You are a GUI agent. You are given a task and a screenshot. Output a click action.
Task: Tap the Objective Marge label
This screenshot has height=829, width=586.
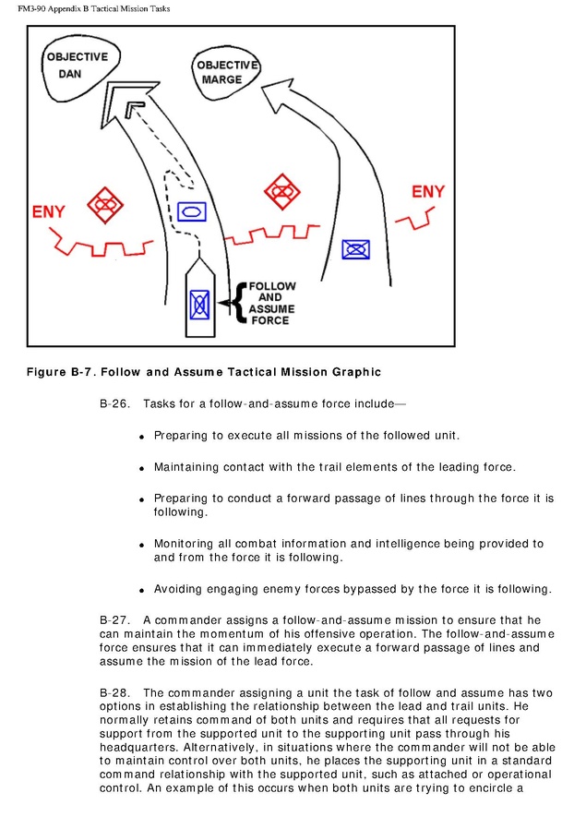tap(225, 72)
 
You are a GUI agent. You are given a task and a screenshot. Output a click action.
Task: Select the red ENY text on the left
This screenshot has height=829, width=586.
tap(49, 211)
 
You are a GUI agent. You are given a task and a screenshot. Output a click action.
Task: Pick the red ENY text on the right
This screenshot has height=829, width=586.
tap(428, 192)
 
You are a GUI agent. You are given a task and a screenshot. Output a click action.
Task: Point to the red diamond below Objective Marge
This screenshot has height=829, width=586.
tap(281, 191)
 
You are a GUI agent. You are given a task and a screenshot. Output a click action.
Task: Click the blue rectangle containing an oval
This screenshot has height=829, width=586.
tap(191, 211)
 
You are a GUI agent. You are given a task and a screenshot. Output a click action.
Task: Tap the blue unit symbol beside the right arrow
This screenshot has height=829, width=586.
tap(355, 248)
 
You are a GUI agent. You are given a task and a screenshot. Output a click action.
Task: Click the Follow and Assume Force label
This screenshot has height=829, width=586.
tap(270, 304)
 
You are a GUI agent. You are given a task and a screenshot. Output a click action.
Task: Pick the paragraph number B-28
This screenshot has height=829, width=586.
tap(114, 692)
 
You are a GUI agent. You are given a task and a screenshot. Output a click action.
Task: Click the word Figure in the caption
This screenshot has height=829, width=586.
tap(49, 372)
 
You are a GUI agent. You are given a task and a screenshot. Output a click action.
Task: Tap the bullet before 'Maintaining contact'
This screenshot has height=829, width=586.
tap(142, 468)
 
